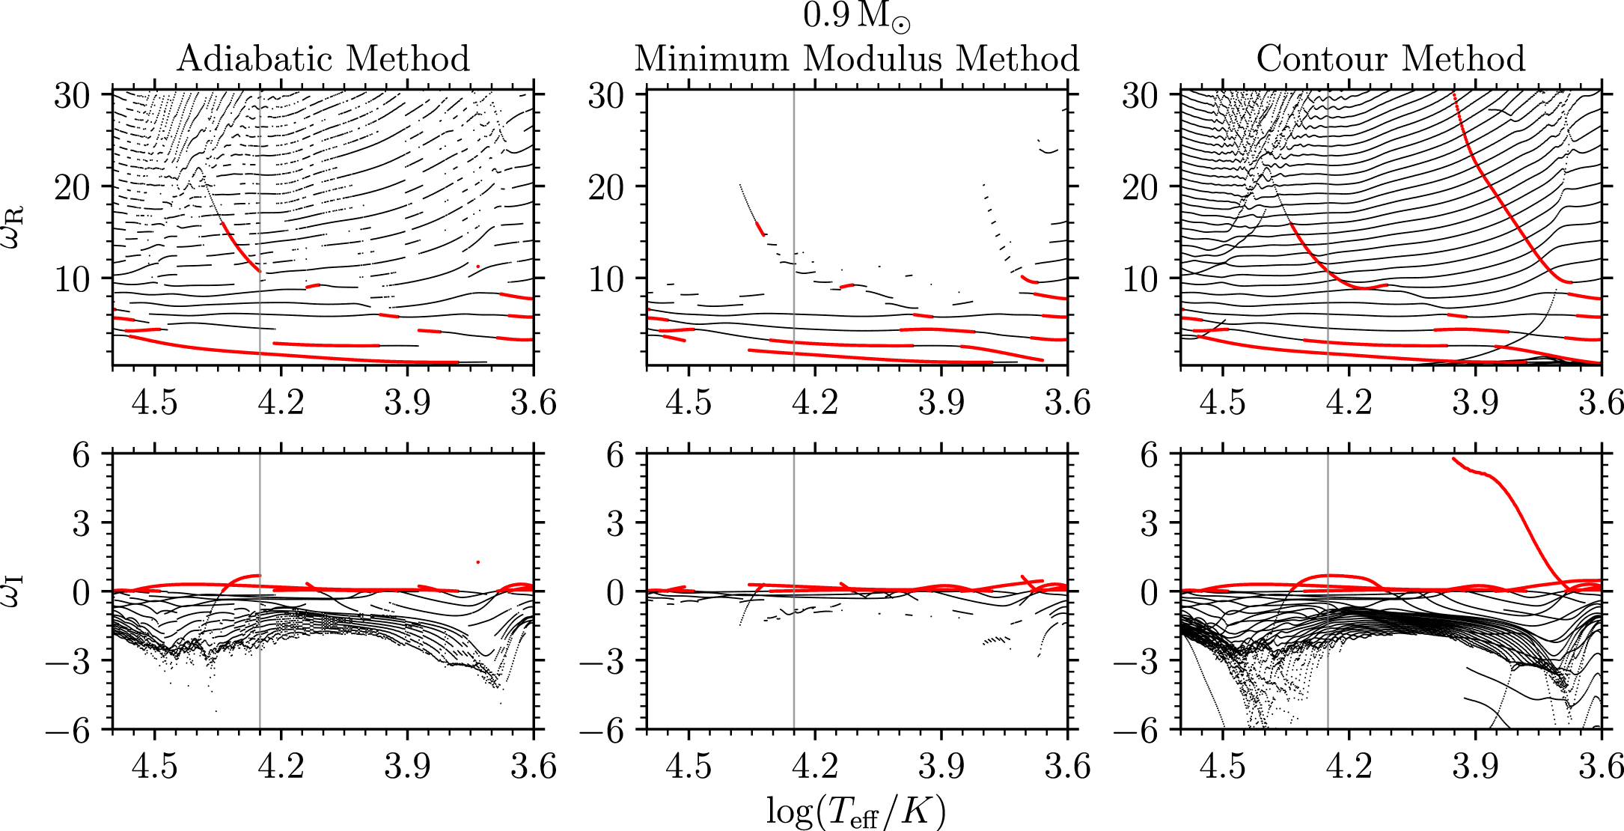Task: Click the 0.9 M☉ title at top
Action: click(856, 16)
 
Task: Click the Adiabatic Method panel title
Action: click(323, 58)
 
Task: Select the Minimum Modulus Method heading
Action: click(857, 58)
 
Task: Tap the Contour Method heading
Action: click(1391, 58)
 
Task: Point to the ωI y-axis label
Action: click(14, 591)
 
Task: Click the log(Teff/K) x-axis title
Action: click(856, 812)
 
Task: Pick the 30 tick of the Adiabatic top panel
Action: click(72, 95)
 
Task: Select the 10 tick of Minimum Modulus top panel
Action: click(605, 279)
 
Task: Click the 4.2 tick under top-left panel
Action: click(281, 404)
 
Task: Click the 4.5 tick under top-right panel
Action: click(1221, 404)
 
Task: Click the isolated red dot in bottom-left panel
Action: click(477, 561)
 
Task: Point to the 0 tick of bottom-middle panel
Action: click(615, 592)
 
